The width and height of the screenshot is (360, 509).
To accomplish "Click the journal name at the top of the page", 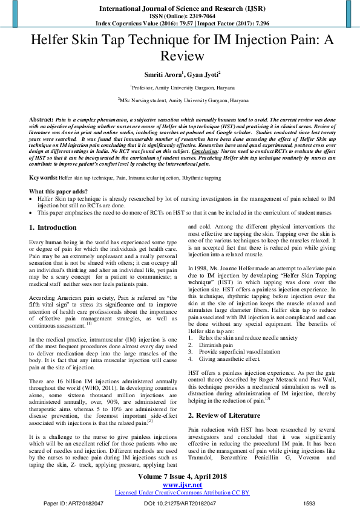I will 180,7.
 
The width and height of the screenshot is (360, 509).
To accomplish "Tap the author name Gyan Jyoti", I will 203,74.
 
